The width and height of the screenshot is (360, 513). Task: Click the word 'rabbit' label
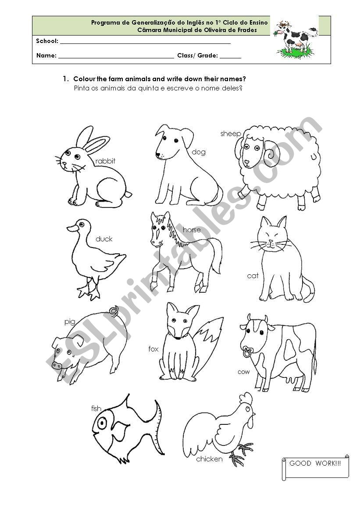point(105,161)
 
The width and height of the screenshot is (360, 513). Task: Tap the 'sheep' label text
point(231,133)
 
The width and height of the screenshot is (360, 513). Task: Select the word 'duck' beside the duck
point(104,239)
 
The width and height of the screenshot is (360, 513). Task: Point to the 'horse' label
point(192,230)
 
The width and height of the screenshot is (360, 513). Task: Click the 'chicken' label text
point(209,459)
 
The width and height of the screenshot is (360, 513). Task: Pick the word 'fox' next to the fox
point(153,349)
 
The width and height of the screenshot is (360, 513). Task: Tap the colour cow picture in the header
point(294,39)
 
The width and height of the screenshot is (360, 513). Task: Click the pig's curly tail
point(114,311)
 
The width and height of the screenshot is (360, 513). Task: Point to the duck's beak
point(72,228)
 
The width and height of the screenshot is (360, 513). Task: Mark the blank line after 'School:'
point(145,42)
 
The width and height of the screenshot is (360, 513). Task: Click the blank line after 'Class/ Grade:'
point(230,57)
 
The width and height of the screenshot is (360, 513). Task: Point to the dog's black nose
point(158,155)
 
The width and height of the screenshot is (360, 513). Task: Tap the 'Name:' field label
point(46,56)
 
